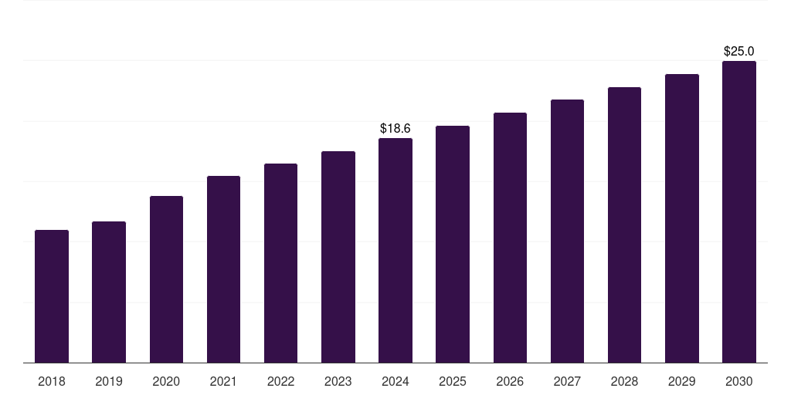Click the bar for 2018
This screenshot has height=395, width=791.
point(52,296)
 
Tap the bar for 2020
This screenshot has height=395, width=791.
point(166,279)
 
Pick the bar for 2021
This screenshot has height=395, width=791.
point(223,269)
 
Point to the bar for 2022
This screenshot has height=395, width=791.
point(280,263)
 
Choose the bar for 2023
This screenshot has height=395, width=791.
point(338,257)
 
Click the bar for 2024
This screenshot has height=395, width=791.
point(395,251)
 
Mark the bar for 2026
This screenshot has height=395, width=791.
point(510,238)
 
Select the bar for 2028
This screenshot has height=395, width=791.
point(624,225)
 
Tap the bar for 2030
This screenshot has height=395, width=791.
point(739,212)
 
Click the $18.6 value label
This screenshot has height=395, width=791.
point(395,129)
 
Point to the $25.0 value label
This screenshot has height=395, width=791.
point(739,52)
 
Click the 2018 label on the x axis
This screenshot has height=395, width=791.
point(52,381)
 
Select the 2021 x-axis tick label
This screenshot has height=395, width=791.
point(223,381)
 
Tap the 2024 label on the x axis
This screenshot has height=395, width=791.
point(395,381)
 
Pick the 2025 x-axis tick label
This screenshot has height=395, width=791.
point(453,381)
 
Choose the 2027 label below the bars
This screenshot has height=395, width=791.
point(567,381)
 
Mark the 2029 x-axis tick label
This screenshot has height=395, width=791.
point(682,381)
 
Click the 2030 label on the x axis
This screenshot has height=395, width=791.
point(739,381)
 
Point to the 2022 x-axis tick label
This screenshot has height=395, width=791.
point(280,381)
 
